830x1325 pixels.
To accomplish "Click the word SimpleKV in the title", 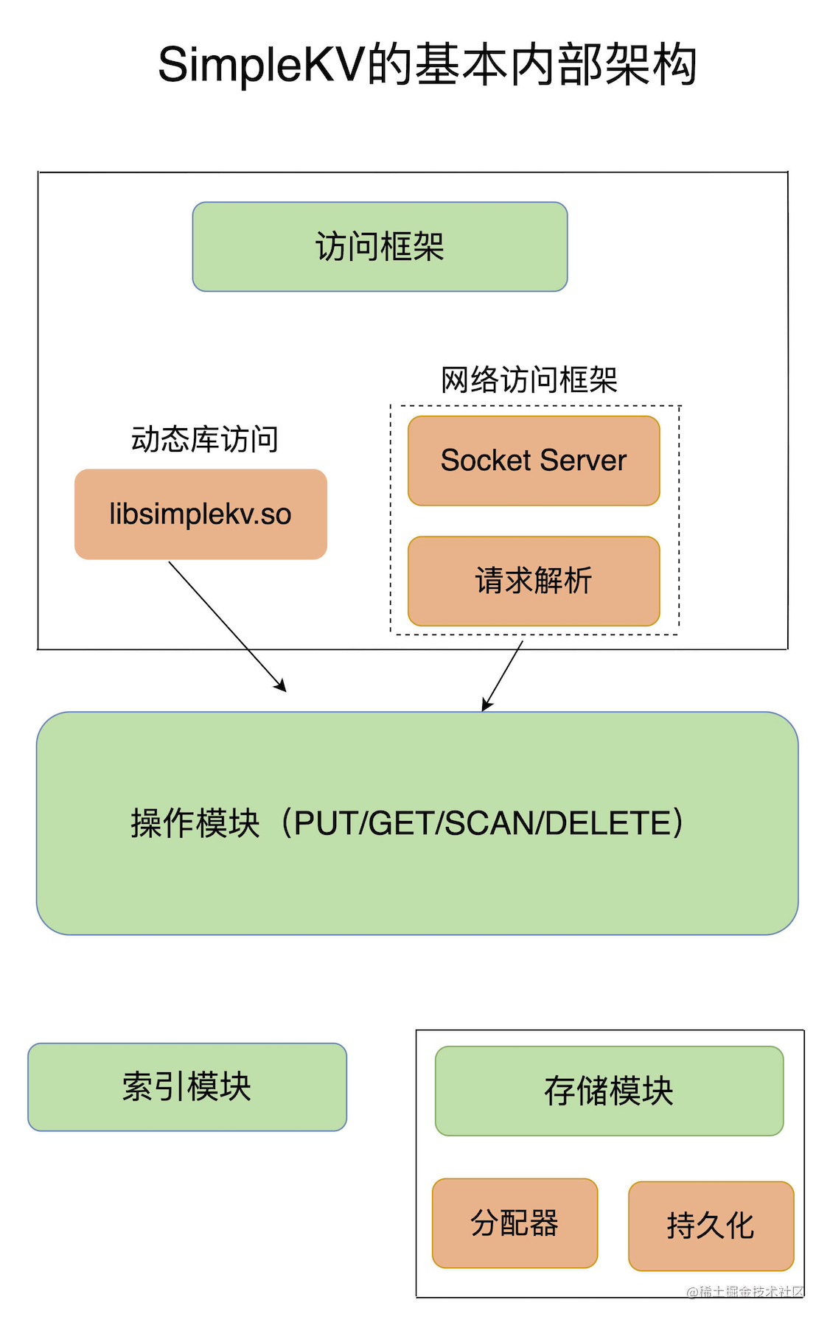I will pyautogui.click(x=261, y=65).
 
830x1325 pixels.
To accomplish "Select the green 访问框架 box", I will pyautogui.click(x=380, y=247).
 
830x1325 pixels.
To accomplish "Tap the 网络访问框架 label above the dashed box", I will pyautogui.click(x=529, y=380).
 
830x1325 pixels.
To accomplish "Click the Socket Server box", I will pyautogui.click(x=534, y=461).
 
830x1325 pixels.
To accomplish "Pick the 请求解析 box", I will pyautogui.click(x=534, y=581).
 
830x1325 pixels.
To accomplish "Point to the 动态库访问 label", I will pyautogui.click(x=204, y=439).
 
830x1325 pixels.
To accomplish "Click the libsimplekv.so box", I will pyautogui.click(x=200, y=514).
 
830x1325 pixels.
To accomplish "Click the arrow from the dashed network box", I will pyautogui.click(x=503, y=675).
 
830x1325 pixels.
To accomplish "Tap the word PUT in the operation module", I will pyautogui.click(x=327, y=823).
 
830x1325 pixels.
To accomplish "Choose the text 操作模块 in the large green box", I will pyautogui.click(x=195, y=823).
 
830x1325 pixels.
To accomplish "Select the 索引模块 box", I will pyautogui.click(x=187, y=1087).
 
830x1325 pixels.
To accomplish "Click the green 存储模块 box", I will pyautogui.click(x=609, y=1091).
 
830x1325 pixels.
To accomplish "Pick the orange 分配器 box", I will pyautogui.click(x=515, y=1223).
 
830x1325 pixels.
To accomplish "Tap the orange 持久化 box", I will pyautogui.click(x=711, y=1226).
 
